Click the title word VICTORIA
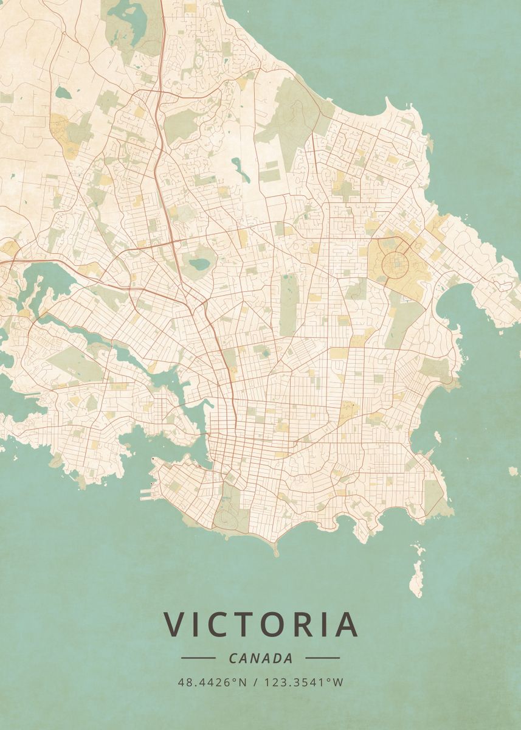pyautogui.click(x=260, y=624)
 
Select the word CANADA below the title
pyautogui.click(x=261, y=658)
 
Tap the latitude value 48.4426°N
pyautogui.click(x=212, y=683)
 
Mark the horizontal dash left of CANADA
pyautogui.click(x=198, y=658)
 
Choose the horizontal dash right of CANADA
pyautogui.click(x=322, y=658)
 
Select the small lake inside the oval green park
pyautogui.click(x=198, y=264)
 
